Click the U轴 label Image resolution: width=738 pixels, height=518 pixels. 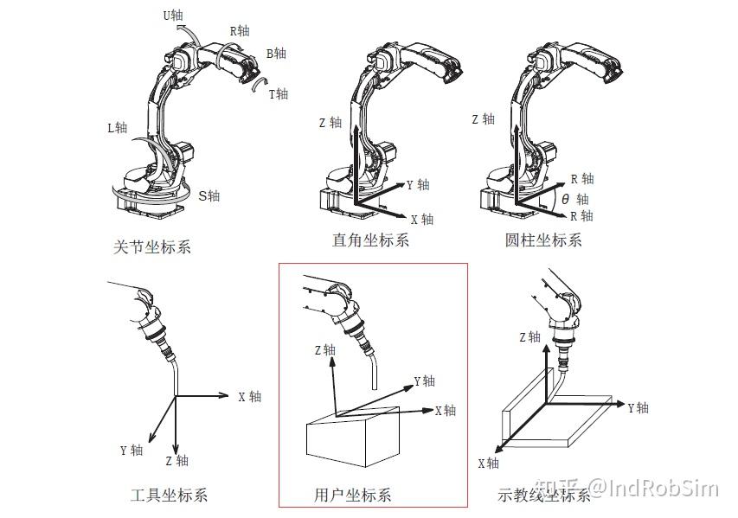pyautogui.click(x=173, y=15)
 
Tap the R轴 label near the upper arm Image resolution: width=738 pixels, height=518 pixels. pyautogui.click(x=239, y=31)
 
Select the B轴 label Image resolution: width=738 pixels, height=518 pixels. pyautogui.click(x=276, y=54)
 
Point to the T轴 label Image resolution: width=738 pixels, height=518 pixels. pyautogui.click(x=279, y=93)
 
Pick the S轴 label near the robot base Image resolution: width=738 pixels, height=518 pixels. pyautogui.click(x=209, y=196)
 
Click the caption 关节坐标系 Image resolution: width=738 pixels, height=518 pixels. pyautogui.click(x=152, y=247)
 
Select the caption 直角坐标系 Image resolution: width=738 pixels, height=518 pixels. pyautogui.click(x=370, y=240)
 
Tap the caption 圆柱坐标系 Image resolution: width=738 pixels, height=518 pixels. pyautogui.click(x=543, y=240)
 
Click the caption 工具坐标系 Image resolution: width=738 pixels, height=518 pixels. pyautogui.click(x=169, y=496)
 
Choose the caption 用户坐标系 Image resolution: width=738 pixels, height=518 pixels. pyautogui.click(x=352, y=496)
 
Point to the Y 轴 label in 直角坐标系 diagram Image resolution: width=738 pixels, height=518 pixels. pyautogui.click(x=417, y=185)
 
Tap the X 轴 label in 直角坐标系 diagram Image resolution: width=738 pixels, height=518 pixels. pyautogui.click(x=421, y=220)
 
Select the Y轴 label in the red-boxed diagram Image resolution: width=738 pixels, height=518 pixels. pyautogui.click(x=424, y=381)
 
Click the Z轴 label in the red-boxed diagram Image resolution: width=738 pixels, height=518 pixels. pyautogui.click(x=324, y=350)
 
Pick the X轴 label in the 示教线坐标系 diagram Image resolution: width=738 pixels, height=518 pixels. pyautogui.click(x=488, y=464)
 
